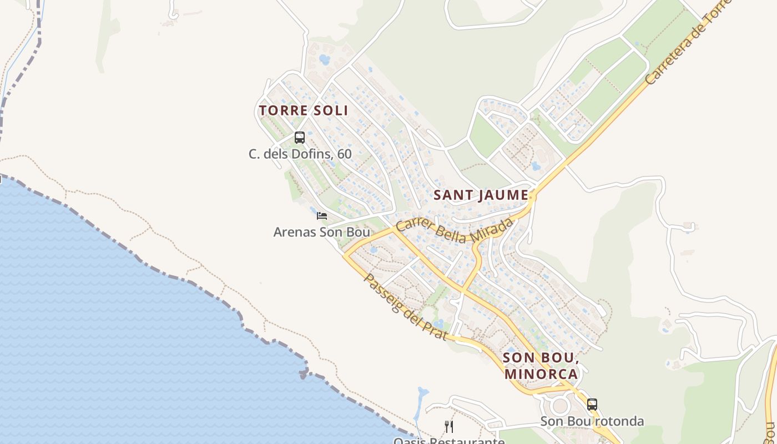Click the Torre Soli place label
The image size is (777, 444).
pyautogui.click(x=303, y=110)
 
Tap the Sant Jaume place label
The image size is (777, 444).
pyautogui.click(x=481, y=195)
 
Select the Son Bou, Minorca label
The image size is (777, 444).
pyautogui.click(x=541, y=365)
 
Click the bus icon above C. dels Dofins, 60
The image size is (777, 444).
pyautogui.click(x=300, y=138)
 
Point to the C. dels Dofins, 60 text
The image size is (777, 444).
pyautogui.click(x=300, y=154)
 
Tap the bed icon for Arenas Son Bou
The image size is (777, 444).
pyautogui.click(x=322, y=216)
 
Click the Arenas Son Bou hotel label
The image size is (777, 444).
pyautogui.click(x=321, y=232)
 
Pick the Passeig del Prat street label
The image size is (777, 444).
pyautogui.click(x=405, y=306)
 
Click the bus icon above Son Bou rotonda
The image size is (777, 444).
pyautogui.click(x=592, y=404)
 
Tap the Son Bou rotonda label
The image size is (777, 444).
pyautogui.click(x=592, y=421)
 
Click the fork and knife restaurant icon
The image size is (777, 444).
pyautogui.click(x=449, y=426)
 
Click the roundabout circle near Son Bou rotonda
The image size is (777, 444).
pyautogui.click(x=560, y=406)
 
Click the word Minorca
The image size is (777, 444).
pyautogui.click(x=541, y=374)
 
